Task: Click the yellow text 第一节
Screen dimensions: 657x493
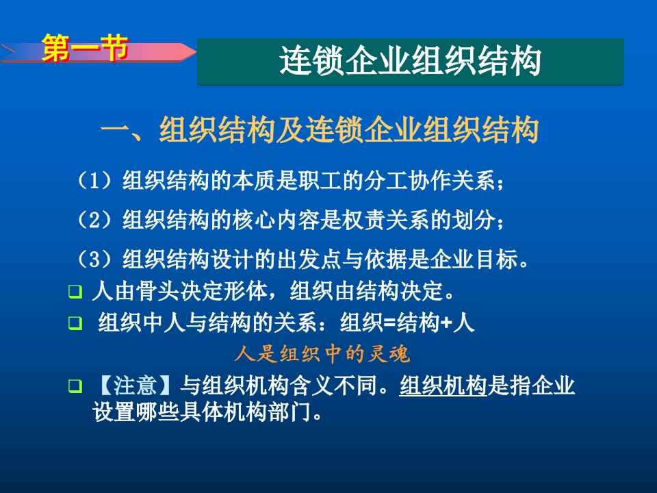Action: (85, 48)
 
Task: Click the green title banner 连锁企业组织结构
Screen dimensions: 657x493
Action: (411, 62)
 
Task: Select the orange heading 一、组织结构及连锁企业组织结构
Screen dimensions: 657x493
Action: (320, 129)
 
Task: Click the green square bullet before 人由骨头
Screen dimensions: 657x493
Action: (75, 291)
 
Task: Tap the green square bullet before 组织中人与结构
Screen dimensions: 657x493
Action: (75, 323)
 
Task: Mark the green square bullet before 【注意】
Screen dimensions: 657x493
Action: (75, 385)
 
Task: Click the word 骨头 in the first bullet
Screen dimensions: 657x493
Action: (157, 290)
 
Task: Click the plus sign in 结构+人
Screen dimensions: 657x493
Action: (447, 323)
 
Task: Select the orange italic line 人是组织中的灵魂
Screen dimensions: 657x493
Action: (322, 354)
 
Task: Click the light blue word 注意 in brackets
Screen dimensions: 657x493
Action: (135, 385)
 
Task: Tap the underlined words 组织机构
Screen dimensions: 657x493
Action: (443, 385)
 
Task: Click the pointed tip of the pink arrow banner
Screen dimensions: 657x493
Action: (196, 52)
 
